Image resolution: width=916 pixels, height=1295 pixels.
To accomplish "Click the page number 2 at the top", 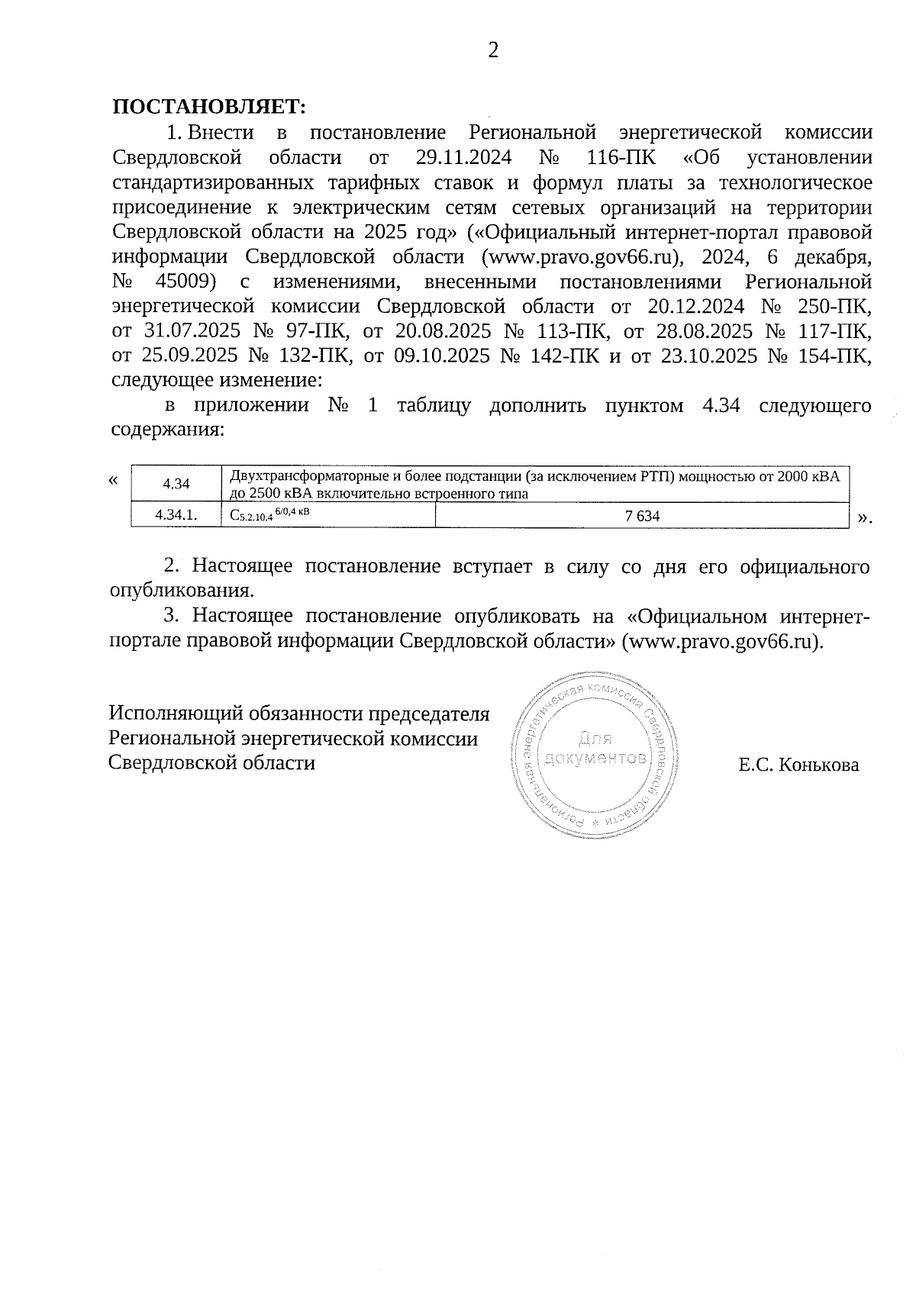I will pos(493,50).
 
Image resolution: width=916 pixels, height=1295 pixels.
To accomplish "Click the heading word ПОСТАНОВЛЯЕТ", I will pos(209,107).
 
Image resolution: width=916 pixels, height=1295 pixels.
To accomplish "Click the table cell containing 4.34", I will pos(176,484).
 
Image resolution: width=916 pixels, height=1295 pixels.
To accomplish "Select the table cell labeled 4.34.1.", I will pos(176,515).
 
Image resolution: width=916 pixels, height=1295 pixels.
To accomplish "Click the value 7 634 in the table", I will pos(642,516).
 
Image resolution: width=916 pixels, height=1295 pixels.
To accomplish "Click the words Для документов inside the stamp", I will pos(595,749).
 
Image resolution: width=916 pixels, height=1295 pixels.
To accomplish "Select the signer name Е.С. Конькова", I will pos(798,765).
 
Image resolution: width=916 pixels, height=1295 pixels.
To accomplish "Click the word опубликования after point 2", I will pos(182,590).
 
